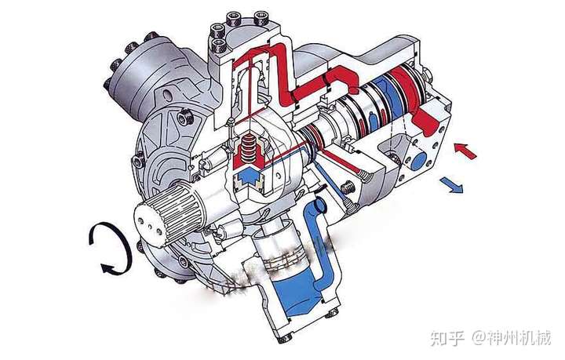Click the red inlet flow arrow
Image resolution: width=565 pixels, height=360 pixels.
[x=465, y=151]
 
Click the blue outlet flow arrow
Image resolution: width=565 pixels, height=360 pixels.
[x=451, y=184]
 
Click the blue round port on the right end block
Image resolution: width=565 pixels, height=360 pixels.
[x=418, y=161]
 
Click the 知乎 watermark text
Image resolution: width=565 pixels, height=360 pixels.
[x=447, y=338]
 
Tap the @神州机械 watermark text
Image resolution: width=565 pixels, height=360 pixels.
[x=512, y=338]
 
